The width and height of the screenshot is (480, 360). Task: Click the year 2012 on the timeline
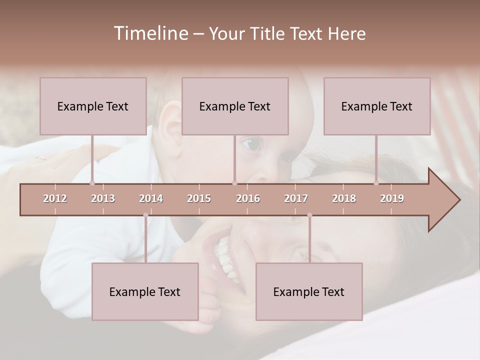tap(55, 198)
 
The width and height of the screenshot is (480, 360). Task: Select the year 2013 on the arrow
tap(103, 198)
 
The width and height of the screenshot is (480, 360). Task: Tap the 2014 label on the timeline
tap(151, 198)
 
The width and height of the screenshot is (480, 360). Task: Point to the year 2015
tap(199, 198)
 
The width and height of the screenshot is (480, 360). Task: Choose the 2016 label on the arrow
tap(248, 198)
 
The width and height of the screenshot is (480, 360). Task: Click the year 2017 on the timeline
tap(296, 198)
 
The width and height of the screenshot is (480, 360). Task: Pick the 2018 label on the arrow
tap(344, 198)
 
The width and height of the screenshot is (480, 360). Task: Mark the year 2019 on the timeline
tap(392, 198)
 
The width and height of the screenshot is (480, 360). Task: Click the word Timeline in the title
tap(150, 33)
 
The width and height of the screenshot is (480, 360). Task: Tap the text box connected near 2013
tap(93, 106)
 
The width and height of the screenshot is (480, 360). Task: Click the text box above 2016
tap(235, 106)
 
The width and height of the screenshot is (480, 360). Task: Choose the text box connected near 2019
tap(377, 106)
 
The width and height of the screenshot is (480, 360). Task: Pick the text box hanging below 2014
tap(145, 291)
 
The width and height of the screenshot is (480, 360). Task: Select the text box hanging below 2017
tap(309, 291)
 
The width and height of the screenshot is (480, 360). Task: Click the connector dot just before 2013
tap(92, 183)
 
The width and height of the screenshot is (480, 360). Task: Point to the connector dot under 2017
tap(309, 215)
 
